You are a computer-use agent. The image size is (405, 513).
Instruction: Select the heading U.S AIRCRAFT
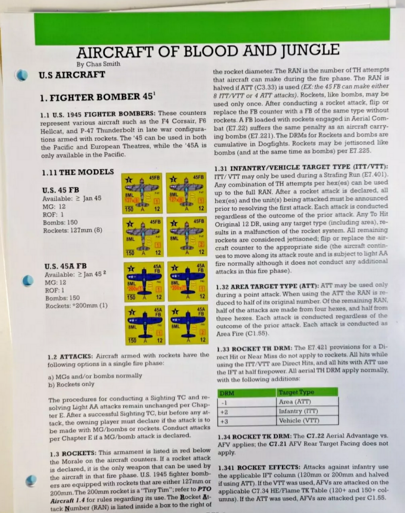tap(72, 75)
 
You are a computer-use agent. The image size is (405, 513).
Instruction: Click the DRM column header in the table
tap(227, 392)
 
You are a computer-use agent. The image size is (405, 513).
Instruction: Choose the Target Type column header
tap(296, 392)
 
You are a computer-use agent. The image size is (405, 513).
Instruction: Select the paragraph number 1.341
tap(229, 467)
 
